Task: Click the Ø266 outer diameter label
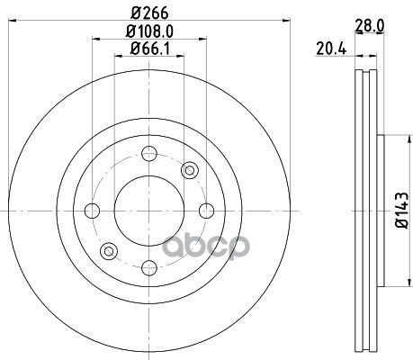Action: click(149, 13)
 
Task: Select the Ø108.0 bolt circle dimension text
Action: click(149, 31)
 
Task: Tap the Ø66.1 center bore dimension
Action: click(149, 49)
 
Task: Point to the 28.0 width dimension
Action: click(369, 26)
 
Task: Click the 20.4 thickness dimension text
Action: click(331, 49)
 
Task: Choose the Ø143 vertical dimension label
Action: click(403, 211)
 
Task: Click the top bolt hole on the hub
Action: click(149, 154)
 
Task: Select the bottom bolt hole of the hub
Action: click(149, 268)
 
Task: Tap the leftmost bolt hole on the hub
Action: click(92, 211)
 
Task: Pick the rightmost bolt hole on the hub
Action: click(206, 211)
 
